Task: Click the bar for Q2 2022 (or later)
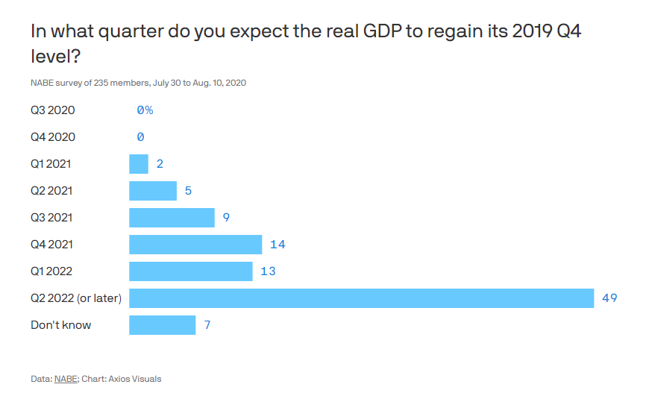pos(361,298)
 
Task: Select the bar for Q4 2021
pos(195,245)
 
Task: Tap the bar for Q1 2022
pos(191,271)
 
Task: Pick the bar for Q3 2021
pos(172,218)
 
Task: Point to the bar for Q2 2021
pos(153,191)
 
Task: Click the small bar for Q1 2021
pos(139,164)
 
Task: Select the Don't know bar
pos(162,325)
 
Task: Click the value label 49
pos(609,298)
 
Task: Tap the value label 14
pos(278,245)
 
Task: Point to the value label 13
pos(268,271)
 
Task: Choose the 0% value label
pos(145,110)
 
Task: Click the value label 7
pos(207,325)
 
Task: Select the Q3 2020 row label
pos(52,110)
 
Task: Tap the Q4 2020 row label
pos(52,137)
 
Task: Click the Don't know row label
pos(60,325)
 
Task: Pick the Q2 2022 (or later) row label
pos(76,298)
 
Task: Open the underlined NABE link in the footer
pos(65,379)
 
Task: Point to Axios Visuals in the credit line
pos(135,379)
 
